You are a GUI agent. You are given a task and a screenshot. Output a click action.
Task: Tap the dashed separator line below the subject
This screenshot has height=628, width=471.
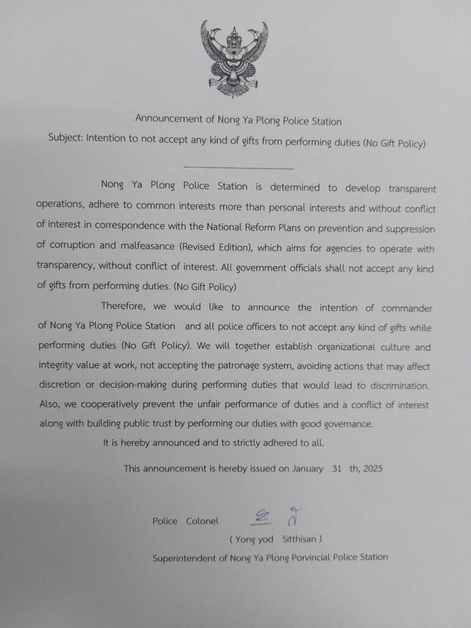click(x=239, y=167)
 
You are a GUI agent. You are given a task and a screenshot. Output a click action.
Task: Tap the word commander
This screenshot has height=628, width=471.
click(x=407, y=308)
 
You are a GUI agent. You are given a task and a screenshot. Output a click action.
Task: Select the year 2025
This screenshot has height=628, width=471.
click(x=372, y=469)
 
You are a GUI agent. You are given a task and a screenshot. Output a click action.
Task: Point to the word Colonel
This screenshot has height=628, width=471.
click(x=202, y=521)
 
